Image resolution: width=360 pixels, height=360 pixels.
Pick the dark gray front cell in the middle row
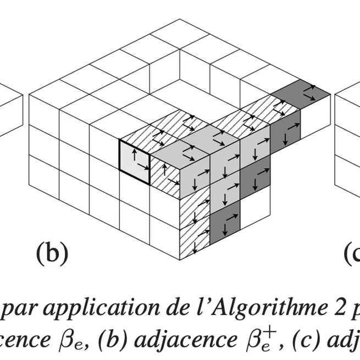255,179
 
